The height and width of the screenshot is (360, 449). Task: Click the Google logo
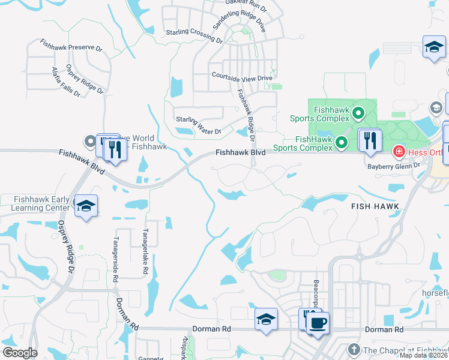tap(20, 353)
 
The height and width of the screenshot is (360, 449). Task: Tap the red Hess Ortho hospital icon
tap(398, 152)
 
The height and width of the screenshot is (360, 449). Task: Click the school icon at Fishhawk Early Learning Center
tap(86, 206)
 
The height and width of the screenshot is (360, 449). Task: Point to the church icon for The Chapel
tap(354, 350)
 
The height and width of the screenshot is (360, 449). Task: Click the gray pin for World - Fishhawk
tap(91, 142)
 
